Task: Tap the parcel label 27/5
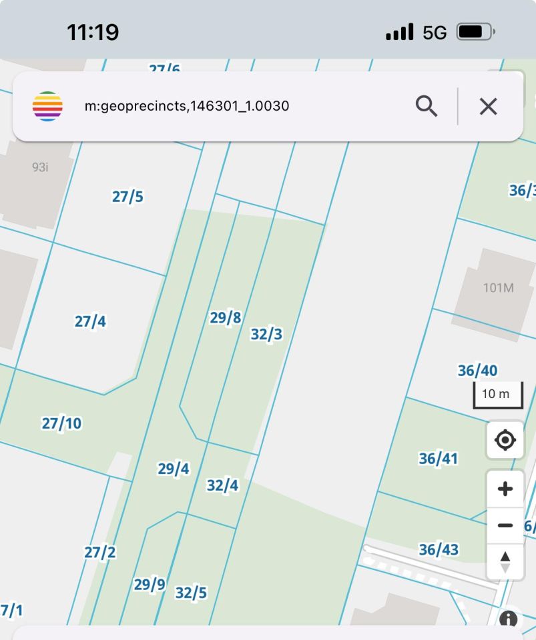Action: coord(127,197)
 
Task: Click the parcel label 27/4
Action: coord(90,321)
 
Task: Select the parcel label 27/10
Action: coord(61,423)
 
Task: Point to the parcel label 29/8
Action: coord(226,318)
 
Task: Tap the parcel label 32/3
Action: coord(266,334)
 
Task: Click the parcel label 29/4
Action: coord(174,469)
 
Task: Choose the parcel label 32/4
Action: coord(222,485)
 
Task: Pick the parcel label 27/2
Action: coord(100,552)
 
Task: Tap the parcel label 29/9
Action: coord(150,585)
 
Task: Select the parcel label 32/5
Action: coord(191,593)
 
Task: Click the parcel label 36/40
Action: coord(477,371)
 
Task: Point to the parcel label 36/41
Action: coord(439,459)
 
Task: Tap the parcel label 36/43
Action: coord(439,549)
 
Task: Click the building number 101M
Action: coord(499,288)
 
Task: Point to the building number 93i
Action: coord(40,167)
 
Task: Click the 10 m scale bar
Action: coord(497,395)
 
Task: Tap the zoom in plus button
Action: coord(505,489)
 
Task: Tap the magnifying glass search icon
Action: coord(427,106)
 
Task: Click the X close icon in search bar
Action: coord(489,106)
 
